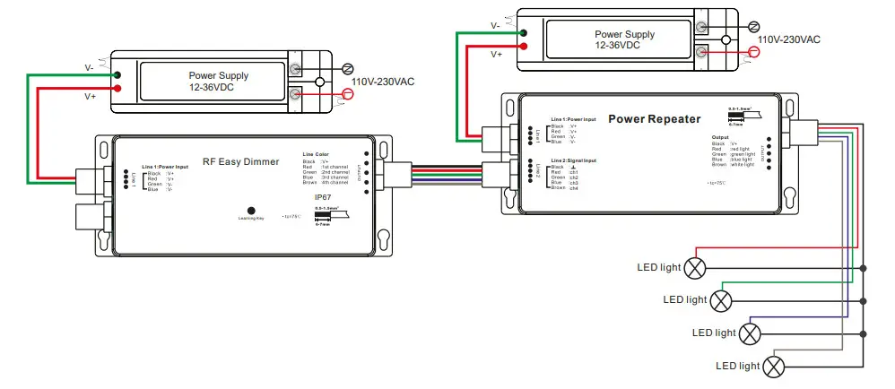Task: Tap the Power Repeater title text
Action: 655,118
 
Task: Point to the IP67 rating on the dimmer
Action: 324,195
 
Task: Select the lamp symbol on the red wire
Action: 696,267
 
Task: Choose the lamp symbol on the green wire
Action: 722,299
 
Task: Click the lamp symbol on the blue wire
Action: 750,333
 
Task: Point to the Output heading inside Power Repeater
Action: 722,137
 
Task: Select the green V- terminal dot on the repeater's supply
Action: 521,34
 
